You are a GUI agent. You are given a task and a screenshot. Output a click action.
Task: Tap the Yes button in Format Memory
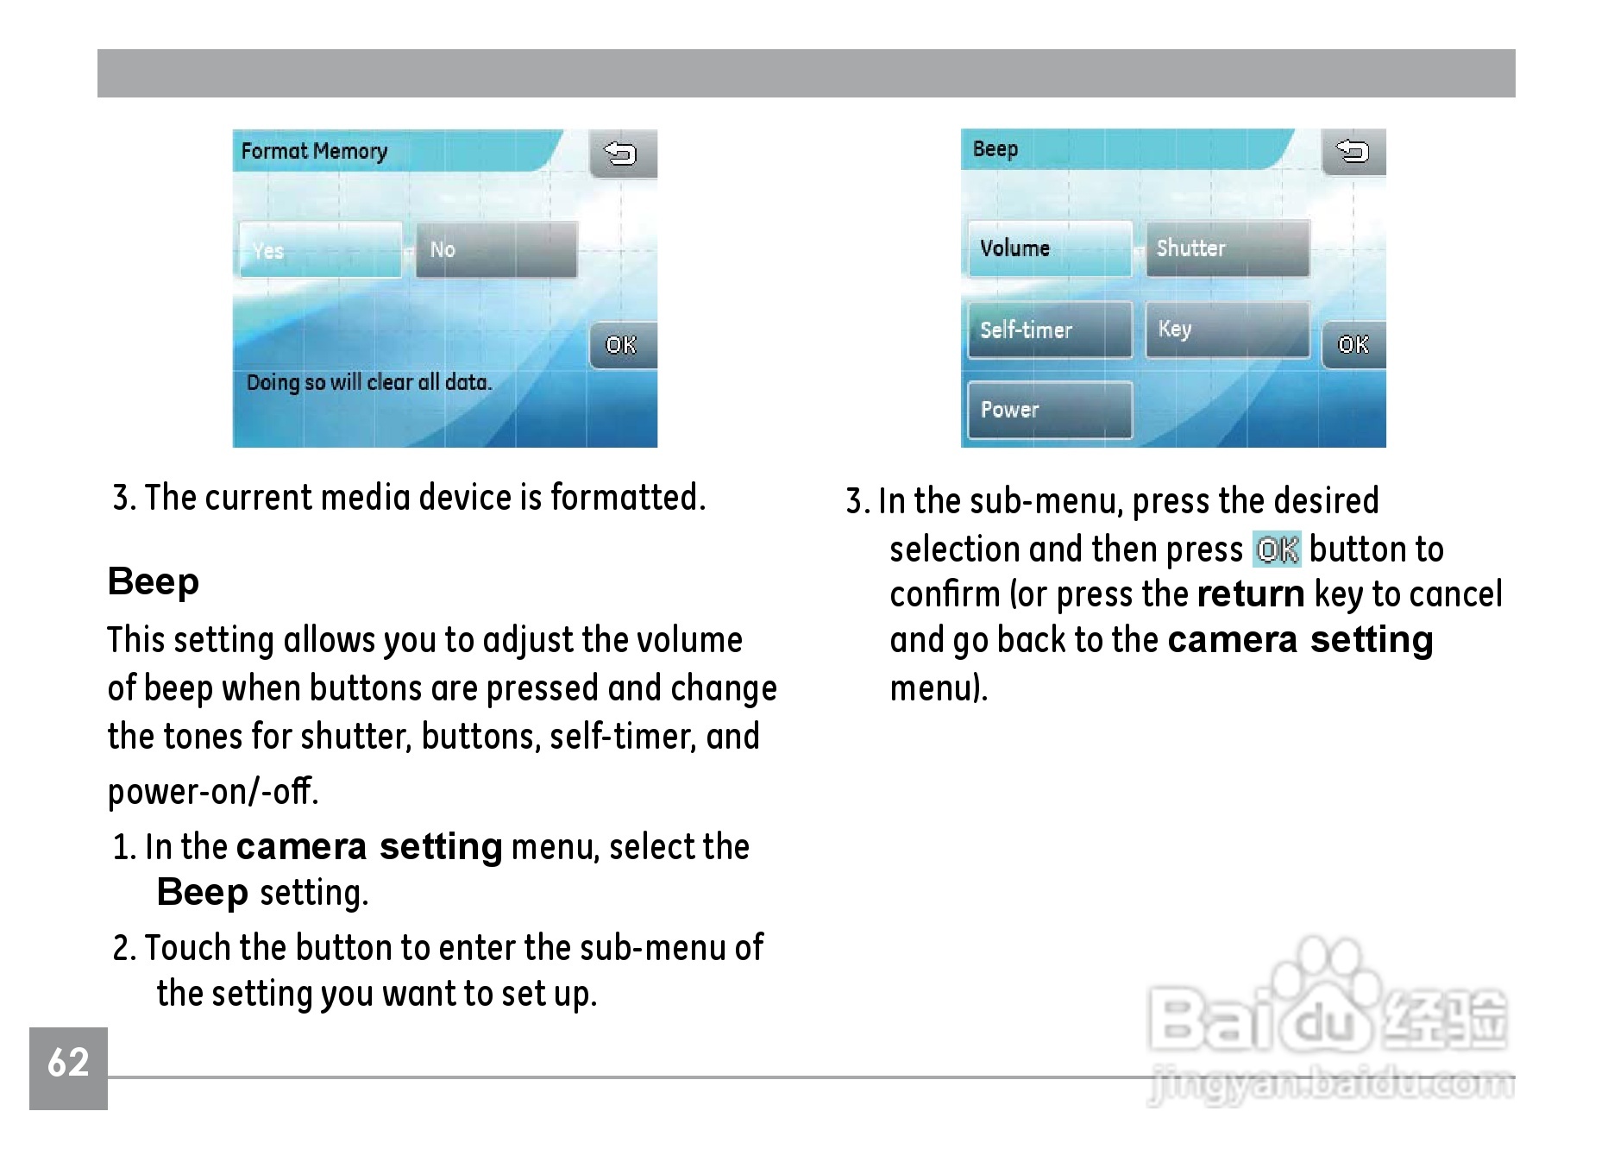(x=320, y=249)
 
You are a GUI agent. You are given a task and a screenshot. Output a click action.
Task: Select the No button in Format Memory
(x=497, y=249)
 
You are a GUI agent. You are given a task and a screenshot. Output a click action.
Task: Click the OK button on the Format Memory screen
(x=623, y=345)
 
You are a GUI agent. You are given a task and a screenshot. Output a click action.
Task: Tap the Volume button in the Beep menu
(x=1050, y=248)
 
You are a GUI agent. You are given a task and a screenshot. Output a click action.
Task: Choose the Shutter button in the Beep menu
(x=1228, y=248)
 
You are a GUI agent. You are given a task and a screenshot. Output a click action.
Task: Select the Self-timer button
(x=1050, y=330)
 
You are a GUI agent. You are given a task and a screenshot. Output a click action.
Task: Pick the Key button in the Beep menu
(x=1228, y=330)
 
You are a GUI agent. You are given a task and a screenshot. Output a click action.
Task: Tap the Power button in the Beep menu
(x=1050, y=410)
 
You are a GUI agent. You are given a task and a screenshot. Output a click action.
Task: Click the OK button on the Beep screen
(x=1353, y=344)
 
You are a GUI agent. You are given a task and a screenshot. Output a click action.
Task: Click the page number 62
(x=68, y=1062)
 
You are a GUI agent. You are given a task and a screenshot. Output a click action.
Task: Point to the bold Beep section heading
(x=154, y=581)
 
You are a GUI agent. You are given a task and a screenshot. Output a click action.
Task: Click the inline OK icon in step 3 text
(x=1277, y=549)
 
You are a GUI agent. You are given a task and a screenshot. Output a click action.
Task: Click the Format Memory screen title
(x=314, y=151)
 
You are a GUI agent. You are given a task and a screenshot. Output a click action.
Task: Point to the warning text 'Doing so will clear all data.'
(x=369, y=382)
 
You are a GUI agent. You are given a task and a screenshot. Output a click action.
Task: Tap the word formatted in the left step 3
(x=628, y=497)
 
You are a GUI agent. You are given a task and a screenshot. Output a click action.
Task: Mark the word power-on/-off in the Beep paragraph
(x=213, y=790)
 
